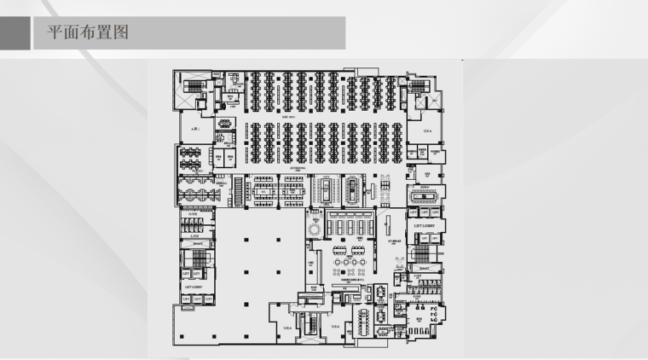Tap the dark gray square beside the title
(15, 33)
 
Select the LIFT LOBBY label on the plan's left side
(194, 287)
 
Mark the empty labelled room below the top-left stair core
(194, 130)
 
